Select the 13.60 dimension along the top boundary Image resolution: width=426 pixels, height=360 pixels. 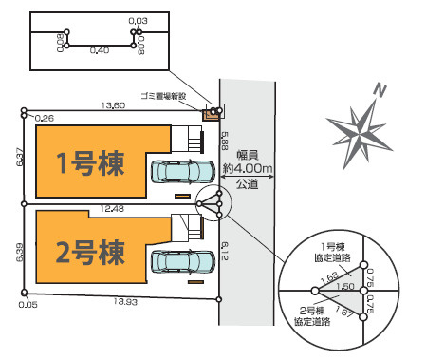(x=113, y=105)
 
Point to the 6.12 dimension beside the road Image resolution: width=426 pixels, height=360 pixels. (x=225, y=251)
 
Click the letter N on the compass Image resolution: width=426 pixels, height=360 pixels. (x=380, y=91)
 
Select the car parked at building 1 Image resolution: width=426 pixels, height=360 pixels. (x=182, y=172)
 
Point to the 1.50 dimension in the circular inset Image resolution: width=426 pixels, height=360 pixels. (x=346, y=286)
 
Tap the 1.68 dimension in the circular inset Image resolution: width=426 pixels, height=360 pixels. (x=329, y=277)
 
